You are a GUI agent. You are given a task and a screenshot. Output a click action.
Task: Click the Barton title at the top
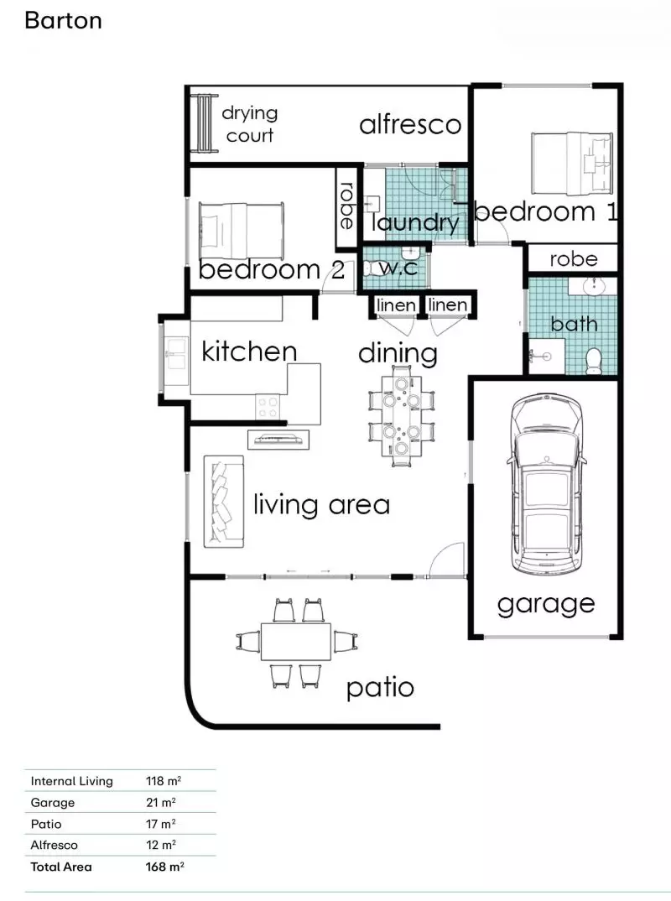coord(63,21)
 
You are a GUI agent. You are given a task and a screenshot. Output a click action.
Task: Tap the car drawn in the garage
coord(546,483)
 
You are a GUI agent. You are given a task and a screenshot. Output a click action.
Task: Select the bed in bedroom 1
coord(572,164)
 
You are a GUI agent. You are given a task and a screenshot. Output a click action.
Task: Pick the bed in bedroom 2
coord(242,231)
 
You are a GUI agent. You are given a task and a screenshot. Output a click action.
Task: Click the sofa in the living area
coord(223,501)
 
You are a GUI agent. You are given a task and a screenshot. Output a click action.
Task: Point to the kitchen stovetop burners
coord(268,408)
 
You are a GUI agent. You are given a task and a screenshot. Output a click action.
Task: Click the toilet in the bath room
coord(594,360)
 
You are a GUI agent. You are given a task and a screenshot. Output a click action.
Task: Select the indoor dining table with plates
coord(401,415)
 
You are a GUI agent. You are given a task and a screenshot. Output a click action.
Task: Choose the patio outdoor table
coord(296,642)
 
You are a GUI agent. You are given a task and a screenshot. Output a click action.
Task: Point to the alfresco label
coord(410,125)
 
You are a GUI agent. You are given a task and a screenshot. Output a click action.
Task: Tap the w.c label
coord(398,267)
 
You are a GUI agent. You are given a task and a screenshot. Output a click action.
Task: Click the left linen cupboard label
coord(396,305)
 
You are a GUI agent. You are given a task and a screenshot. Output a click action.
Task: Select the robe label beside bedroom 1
coord(574,259)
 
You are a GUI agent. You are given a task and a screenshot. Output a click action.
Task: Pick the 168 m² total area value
coord(164,867)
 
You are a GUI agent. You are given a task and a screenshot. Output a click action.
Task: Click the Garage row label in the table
coord(52,803)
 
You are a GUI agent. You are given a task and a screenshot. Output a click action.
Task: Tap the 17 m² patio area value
coord(160,824)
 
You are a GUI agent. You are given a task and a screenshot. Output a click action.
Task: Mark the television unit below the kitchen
coord(278,440)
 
